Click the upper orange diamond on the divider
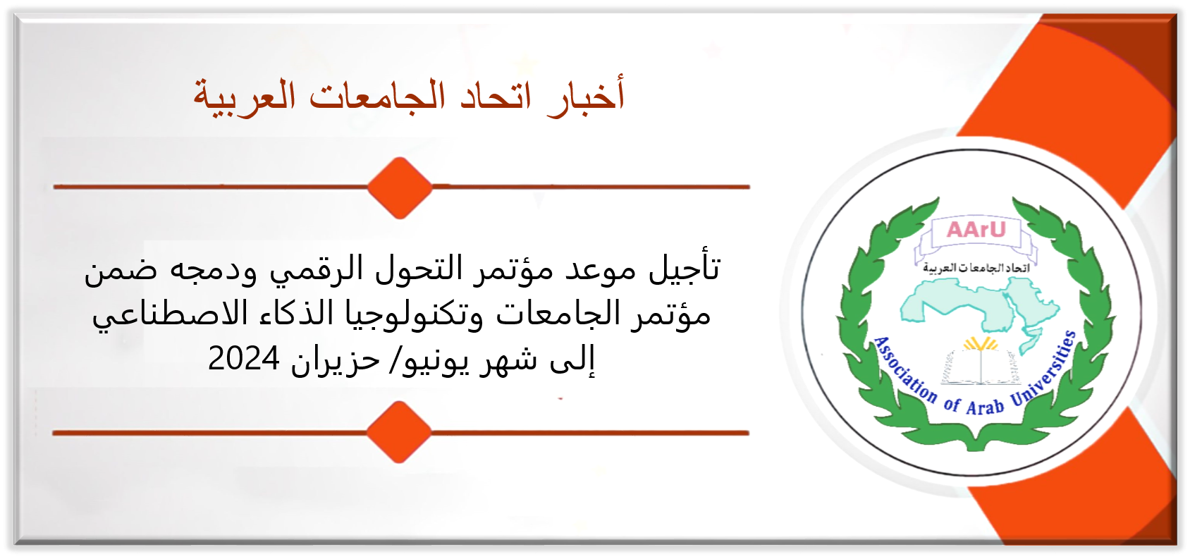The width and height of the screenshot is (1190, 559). [400, 188]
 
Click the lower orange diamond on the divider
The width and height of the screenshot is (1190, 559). [399, 433]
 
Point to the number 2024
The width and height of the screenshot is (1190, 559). [244, 359]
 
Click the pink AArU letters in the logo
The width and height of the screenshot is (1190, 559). [976, 230]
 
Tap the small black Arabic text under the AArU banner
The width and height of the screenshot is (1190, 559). [976, 268]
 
